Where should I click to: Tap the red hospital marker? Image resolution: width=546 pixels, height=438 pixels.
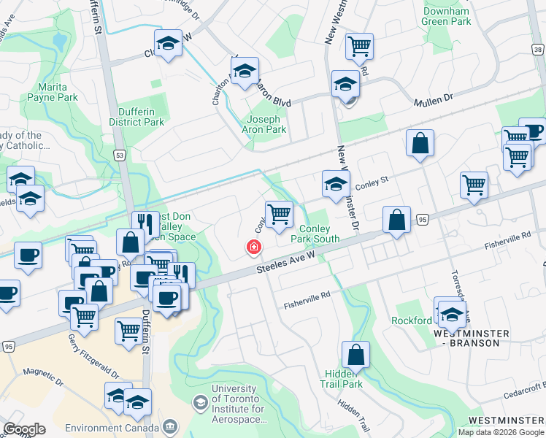click(x=254, y=248)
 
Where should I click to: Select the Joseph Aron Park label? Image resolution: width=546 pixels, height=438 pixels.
click(x=264, y=124)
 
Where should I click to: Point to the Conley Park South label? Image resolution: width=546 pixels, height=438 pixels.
click(x=315, y=234)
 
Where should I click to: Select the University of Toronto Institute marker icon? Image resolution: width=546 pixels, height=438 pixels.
click(x=199, y=402)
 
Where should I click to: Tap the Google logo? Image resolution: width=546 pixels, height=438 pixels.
click(x=24, y=429)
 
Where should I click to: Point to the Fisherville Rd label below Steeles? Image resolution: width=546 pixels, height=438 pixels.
click(x=307, y=299)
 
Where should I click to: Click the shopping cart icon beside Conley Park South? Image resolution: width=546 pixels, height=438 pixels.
click(x=279, y=215)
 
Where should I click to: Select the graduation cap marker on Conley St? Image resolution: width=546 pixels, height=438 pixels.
click(x=336, y=183)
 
